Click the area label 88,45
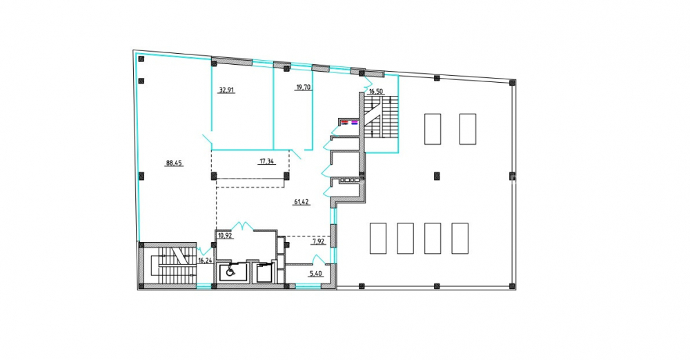coord(175,163)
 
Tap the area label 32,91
coord(226,90)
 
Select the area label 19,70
coord(304,87)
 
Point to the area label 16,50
coord(377,92)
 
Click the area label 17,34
coord(266,161)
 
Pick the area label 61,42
coord(302,202)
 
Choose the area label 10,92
coord(226,235)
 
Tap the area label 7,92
coord(319,241)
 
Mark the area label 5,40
coord(316,274)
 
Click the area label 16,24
coord(206,261)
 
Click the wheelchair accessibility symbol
coord(230,272)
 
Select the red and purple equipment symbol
coord(349,122)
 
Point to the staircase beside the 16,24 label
coord(175,266)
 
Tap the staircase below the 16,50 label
coord(381,117)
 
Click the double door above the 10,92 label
coord(242,226)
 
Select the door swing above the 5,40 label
coord(319,260)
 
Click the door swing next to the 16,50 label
coord(367,83)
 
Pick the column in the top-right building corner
coord(512,82)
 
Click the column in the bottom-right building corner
coord(512,286)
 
